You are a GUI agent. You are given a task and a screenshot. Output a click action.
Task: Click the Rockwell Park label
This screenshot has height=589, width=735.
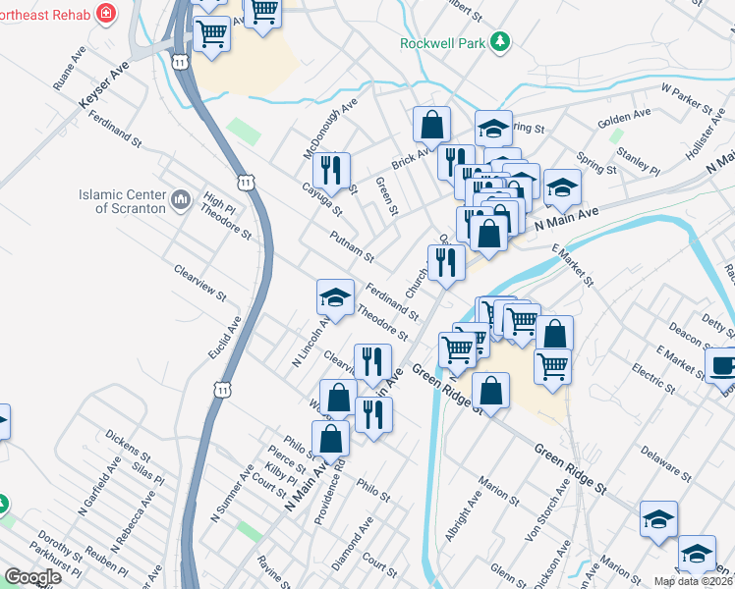(x=443, y=42)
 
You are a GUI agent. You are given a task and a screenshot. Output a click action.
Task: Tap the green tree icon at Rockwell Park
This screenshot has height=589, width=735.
(x=501, y=41)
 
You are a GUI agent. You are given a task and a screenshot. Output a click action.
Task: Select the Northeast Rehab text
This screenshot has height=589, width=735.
(x=46, y=16)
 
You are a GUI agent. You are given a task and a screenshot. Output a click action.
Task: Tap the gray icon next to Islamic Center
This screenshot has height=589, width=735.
(x=180, y=201)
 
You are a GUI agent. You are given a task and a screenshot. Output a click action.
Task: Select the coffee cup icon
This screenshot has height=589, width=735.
(x=722, y=365)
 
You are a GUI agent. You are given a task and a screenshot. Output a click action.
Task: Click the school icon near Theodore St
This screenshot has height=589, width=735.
(x=335, y=297)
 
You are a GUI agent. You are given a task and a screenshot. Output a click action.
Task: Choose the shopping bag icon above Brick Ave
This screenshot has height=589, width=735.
(x=431, y=125)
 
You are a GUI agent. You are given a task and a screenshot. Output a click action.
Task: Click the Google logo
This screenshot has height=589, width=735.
(x=33, y=577)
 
